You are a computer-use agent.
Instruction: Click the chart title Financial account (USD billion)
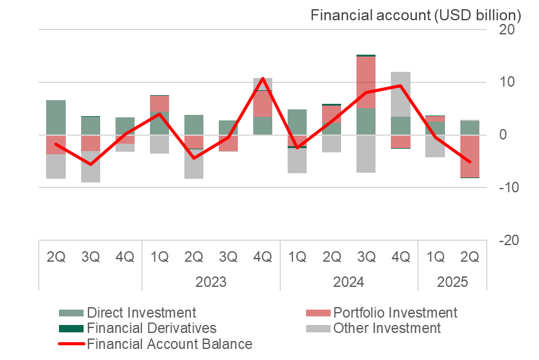click(x=415, y=15)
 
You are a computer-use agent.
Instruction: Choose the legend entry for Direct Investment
click(x=141, y=313)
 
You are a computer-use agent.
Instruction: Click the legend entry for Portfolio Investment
click(x=395, y=313)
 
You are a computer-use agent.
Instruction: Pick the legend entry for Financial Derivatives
click(x=152, y=328)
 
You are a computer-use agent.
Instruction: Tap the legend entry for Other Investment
click(x=387, y=328)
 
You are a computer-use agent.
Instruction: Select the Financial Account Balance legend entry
click(x=170, y=343)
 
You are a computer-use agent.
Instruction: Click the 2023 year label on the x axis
click(x=211, y=283)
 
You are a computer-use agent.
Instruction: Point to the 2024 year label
click(x=348, y=283)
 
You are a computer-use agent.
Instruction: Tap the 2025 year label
click(x=452, y=283)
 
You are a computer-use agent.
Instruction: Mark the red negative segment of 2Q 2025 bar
click(x=470, y=156)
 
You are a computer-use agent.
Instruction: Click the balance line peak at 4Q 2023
click(x=263, y=78)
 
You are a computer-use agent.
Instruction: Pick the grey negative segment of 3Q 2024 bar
click(x=366, y=154)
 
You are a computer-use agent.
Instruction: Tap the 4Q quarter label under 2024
click(x=401, y=257)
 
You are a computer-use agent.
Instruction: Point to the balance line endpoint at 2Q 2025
click(x=470, y=162)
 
